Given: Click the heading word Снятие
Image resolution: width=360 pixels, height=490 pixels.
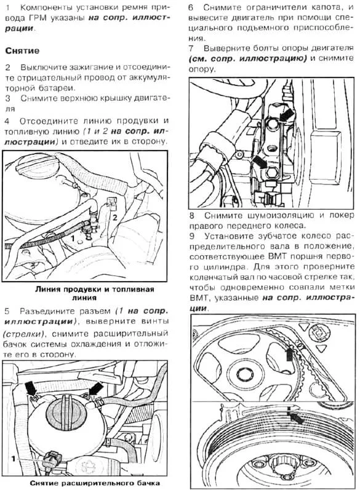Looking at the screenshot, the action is [22, 50].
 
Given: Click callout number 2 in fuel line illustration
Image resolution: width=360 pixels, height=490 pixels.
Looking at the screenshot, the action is [115, 217].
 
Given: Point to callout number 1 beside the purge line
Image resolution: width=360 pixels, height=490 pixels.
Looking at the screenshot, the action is [73, 239].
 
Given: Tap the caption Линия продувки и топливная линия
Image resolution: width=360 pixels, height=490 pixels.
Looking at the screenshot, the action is [94, 293].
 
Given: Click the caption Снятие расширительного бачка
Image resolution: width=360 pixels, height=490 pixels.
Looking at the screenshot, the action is [95, 483].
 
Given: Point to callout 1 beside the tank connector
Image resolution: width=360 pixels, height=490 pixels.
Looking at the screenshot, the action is [14, 459].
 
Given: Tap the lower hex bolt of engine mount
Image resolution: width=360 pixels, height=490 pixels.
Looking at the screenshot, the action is [272, 172].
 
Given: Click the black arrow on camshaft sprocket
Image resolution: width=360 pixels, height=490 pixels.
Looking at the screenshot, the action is [289, 354].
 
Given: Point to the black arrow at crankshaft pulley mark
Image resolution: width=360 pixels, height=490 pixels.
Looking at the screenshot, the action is [297, 418].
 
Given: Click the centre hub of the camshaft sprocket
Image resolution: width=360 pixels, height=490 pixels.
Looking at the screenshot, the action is [244, 374].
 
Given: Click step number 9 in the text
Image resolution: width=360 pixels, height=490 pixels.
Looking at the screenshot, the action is [192, 235].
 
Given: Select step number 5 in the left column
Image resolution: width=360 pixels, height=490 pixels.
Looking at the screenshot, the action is [7, 311].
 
